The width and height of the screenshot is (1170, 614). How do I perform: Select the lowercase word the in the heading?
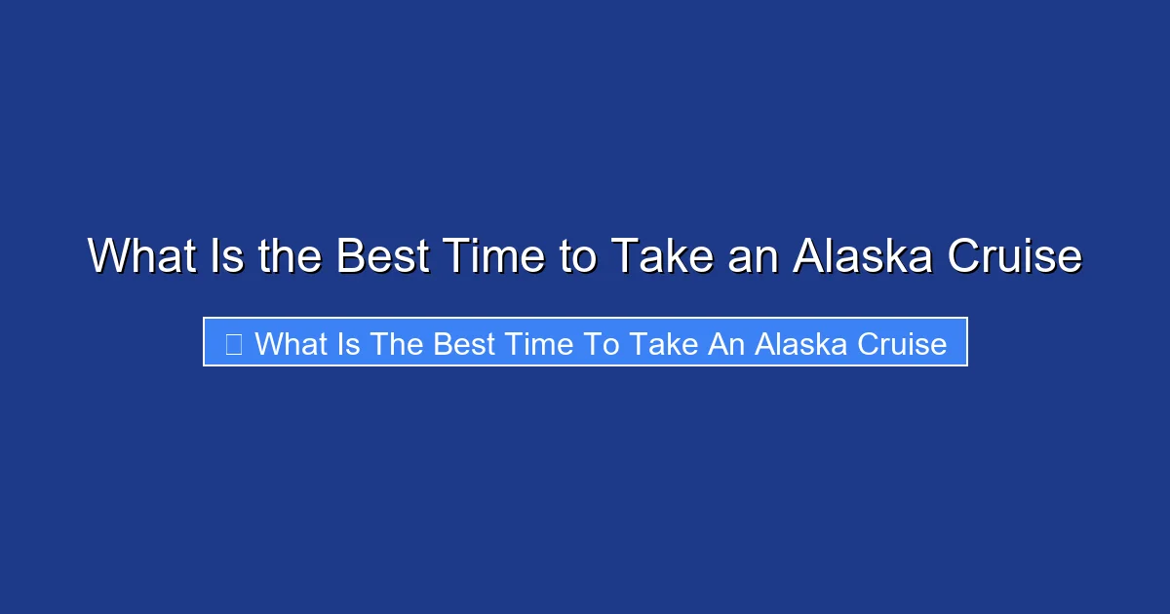[292, 257]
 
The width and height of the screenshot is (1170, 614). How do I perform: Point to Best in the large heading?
[382, 257]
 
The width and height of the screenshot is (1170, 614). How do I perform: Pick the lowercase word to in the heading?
[578, 257]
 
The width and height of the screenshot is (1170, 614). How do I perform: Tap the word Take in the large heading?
[659, 257]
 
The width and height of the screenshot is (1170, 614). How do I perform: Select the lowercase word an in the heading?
[750, 257]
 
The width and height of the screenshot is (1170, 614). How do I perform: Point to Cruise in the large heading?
[1017, 257]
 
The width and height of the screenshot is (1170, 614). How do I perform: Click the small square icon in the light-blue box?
[233, 343]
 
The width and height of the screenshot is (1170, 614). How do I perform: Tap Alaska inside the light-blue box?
[794, 343]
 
